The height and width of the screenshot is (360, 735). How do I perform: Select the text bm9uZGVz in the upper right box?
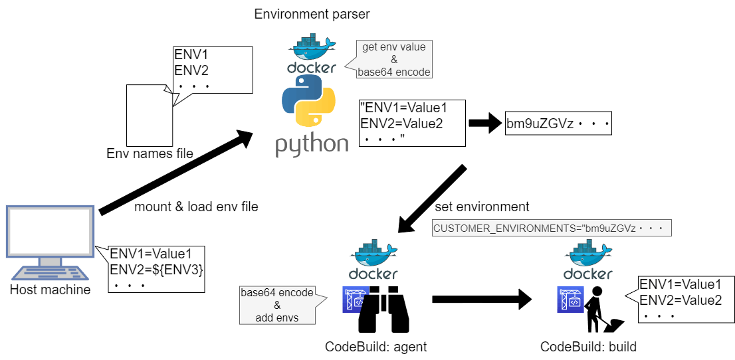540,124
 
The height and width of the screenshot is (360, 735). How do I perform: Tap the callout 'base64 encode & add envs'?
276,305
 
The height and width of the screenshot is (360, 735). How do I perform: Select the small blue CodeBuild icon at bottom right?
570,300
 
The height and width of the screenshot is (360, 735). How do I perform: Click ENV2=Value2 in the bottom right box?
681,300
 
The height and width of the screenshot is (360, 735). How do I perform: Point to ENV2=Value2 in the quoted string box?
401,123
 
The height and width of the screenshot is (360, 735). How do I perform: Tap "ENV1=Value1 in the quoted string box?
403,108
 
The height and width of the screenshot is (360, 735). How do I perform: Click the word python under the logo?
312,144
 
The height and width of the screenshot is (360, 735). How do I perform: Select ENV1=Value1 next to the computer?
151,253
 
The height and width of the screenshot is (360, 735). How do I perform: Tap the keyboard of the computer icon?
51,273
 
